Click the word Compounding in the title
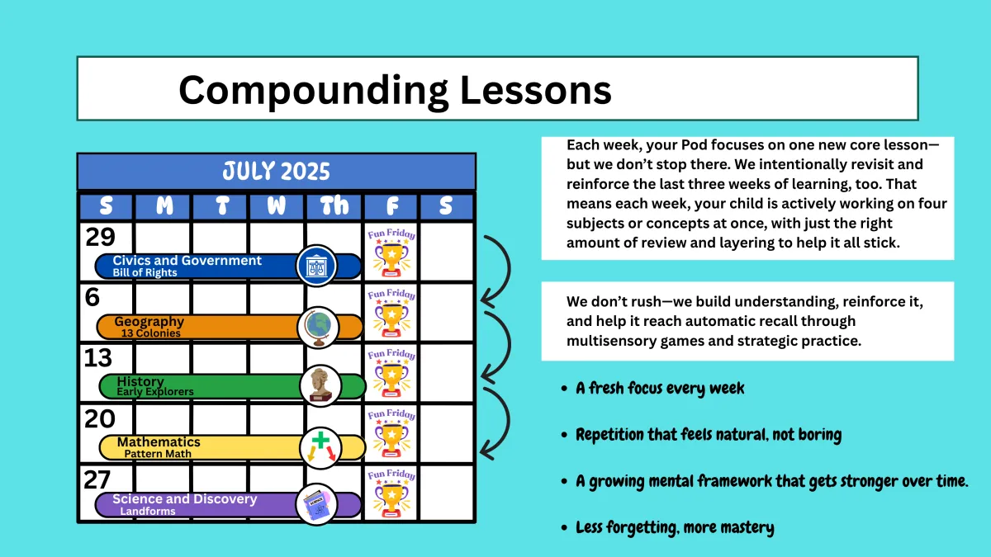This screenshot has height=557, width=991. point(314,91)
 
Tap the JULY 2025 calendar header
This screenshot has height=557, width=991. point(277,171)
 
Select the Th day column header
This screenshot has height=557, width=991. point(334,205)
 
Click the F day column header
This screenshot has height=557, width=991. point(392,206)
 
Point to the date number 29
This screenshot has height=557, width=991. point(101,237)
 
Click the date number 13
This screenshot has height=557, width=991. point(97,357)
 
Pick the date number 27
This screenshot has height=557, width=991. point(97,479)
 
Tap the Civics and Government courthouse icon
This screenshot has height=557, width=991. point(316,266)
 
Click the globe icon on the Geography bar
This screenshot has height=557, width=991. point(319,328)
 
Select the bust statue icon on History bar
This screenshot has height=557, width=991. point(320,386)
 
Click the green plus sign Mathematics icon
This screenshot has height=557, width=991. point(320,447)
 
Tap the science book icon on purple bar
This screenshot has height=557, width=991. point(316,504)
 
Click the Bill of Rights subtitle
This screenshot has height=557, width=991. point(145,273)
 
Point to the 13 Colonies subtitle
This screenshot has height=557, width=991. point(150,333)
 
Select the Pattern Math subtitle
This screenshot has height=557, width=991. point(158,454)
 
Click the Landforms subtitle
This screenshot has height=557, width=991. point(148,512)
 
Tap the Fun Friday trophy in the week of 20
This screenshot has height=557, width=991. point(391,434)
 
